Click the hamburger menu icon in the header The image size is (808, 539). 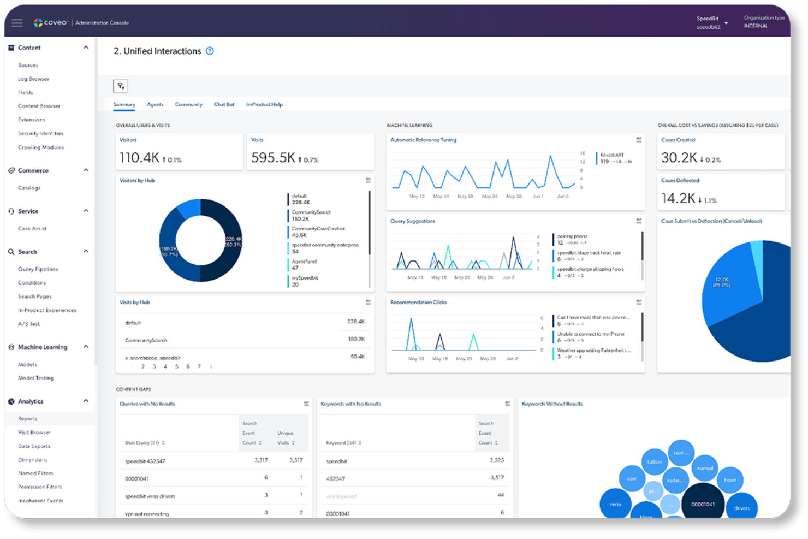pos(17,23)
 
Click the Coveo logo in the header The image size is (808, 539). pos(50,23)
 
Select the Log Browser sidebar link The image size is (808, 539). pos(33,79)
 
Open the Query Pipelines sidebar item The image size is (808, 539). pos(38,269)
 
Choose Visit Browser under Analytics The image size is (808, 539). pos(34,433)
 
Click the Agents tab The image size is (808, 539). pos(155,104)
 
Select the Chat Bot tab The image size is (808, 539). pos(224,104)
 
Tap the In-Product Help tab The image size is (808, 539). pos(264,104)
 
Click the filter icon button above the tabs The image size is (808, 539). pos(121,86)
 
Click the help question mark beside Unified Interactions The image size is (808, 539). pos(210,51)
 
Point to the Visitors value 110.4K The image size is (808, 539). pos(139,158)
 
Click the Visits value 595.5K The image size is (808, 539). pos(273,158)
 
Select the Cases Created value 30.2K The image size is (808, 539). pos(679,158)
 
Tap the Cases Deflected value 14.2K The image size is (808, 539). pos(678,198)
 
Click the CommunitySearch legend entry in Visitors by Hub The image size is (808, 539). pos(311,215)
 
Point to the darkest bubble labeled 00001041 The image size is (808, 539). pos(703,504)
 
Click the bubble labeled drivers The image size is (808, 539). pos(741,507)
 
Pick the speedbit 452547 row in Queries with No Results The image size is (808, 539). pos(145,461)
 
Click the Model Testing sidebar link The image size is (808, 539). pos(35,378)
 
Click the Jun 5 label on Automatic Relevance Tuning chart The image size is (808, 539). pos(562,196)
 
